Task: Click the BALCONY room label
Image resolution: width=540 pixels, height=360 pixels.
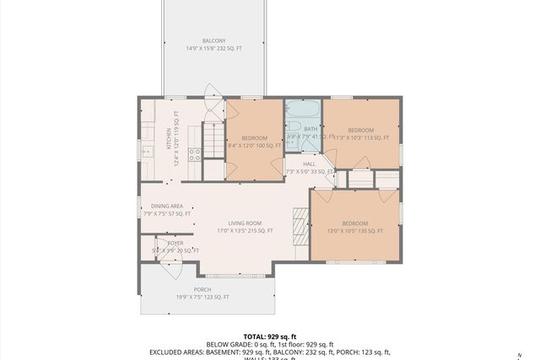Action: coord(213,40)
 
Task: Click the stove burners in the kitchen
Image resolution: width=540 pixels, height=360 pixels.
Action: coord(194,153)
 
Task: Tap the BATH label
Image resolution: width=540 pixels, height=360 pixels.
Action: coord(300,129)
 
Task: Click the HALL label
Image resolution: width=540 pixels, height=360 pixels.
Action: coord(309,165)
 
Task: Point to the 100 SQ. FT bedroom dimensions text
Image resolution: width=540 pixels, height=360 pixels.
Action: coord(254,146)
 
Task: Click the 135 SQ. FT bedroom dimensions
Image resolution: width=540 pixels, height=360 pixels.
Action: coord(354,230)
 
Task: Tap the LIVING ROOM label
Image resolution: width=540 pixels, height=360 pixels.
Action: coord(245,223)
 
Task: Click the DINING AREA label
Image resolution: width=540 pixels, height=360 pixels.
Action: coord(167,206)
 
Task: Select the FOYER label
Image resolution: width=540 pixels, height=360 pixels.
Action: coord(175,243)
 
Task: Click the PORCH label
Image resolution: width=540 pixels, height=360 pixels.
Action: coord(202,289)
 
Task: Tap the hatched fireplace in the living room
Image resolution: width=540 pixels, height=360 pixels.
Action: coord(300,225)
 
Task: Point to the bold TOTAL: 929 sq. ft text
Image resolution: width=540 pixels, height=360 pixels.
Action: coord(271,336)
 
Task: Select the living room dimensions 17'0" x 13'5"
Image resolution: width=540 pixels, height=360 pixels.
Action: coord(245,230)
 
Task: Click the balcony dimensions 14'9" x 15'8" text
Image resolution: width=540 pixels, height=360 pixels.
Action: coord(213,48)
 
